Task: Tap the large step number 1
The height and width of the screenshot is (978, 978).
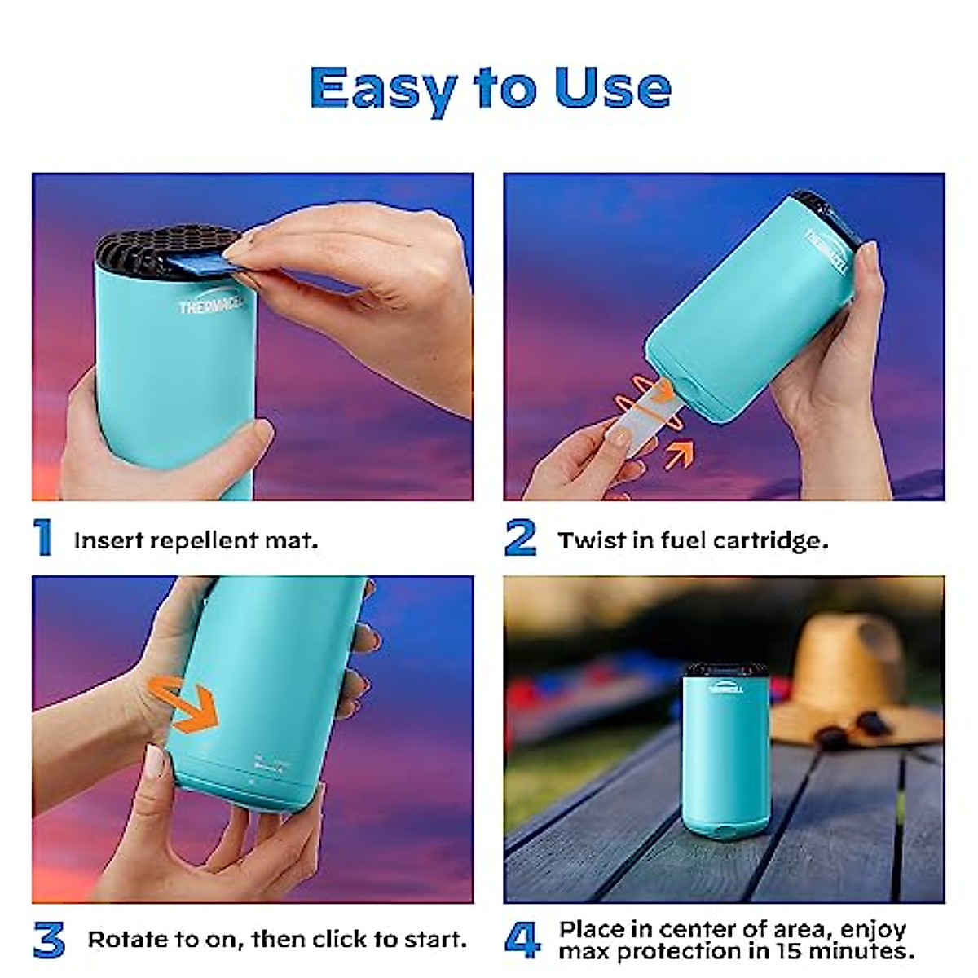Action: point(43,538)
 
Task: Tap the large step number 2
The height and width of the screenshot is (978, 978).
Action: point(520,538)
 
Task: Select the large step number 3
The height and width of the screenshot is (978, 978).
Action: point(49,940)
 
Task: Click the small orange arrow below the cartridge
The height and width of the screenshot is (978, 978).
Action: point(679,453)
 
